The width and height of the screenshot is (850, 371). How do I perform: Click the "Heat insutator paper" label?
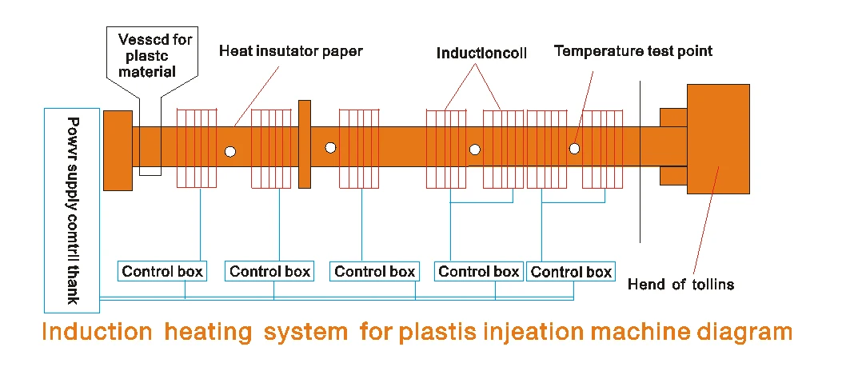(291, 51)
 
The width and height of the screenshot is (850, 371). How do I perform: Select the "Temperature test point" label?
(633, 51)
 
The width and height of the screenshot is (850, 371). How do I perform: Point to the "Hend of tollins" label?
(680, 284)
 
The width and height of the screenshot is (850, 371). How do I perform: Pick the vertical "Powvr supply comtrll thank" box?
(72, 209)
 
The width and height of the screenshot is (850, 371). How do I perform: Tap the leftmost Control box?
(162, 271)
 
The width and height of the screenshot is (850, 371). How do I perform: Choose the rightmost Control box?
(571, 272)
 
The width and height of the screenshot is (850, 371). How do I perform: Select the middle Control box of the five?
(374, 271)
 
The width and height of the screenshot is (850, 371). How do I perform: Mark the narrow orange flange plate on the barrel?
(304, 144)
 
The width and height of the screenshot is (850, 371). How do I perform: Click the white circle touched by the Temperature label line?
(574, 149)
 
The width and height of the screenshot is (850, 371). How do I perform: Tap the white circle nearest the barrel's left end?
(230, 150)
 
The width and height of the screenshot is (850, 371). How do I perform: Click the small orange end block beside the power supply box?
(118, 150)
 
